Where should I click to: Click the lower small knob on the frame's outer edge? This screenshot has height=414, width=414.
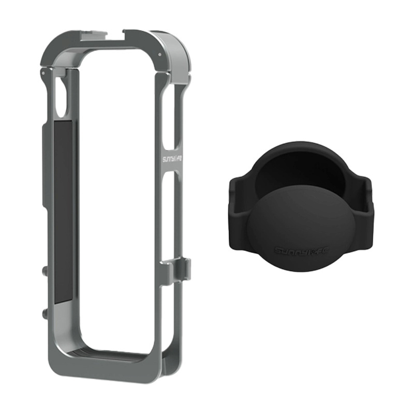tap(43, 313)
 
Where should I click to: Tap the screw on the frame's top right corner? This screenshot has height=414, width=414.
tap(160, 54)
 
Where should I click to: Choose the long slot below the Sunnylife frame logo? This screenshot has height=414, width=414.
tap(170, 217)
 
